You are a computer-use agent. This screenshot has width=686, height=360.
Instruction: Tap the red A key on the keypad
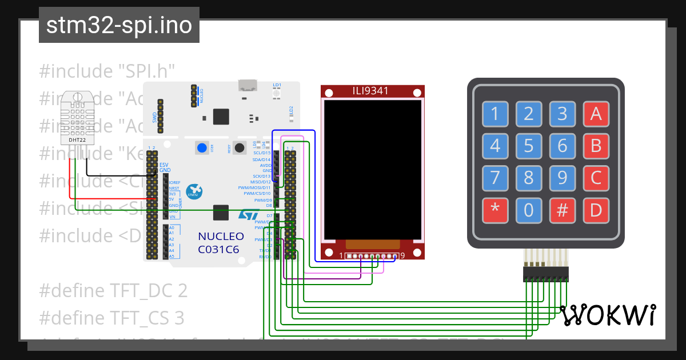click(x=596, y=114)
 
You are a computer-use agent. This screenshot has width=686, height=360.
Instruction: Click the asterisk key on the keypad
click(x=495, y=210)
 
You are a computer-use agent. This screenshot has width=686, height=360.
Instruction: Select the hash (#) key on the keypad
click(x=563, y=210)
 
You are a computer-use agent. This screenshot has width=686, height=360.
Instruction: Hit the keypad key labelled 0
click(x=529, y=210)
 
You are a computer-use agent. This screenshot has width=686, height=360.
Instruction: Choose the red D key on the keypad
click(x=596, y=210)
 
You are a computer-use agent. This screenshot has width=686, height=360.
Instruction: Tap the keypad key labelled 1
click(x=495, y=114)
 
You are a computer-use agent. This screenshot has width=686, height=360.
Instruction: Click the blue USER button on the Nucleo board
click(x=202, y=148)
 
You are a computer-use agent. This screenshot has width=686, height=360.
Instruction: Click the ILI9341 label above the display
click(x=372, y=91)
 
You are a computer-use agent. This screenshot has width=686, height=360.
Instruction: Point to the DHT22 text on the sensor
click(x=78, y=139)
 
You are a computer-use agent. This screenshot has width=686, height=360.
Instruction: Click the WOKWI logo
click(x=608, y=315)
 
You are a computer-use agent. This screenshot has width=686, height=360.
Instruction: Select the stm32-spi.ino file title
click(x=119, y=26)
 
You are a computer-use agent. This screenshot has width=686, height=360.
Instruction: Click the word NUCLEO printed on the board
click(x=221, y=237)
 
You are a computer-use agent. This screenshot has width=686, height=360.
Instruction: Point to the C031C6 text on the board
click(x=218, y=250)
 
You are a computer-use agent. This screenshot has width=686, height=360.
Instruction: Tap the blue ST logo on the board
click(x=249, y=215)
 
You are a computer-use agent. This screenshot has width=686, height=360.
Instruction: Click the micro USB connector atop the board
click(x=247, y=86)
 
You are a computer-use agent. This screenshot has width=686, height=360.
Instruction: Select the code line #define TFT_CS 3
click(x=112, y=318)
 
